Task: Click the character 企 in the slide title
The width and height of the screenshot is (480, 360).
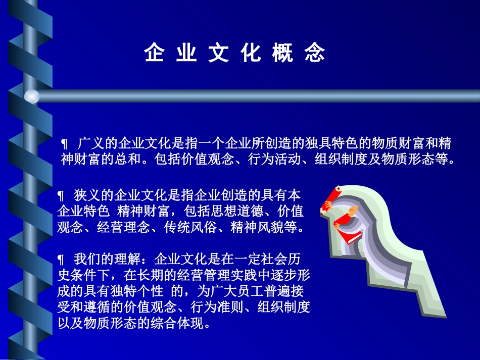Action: [x=154, y=53]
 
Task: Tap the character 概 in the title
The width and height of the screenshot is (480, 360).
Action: [x=282, y=53]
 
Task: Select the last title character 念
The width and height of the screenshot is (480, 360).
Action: [x=315, y=53]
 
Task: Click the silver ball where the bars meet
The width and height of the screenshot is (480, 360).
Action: [x=32, y=96]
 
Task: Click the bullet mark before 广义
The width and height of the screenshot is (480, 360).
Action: [x=64, y=143]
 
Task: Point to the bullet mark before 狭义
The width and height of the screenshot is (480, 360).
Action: [x=61, y=195]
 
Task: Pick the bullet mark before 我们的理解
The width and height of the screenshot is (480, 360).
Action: [x=61, y=260]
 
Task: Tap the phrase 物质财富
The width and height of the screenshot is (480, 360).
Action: [x=398, y=143]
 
